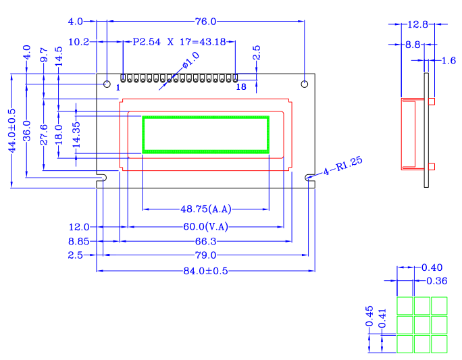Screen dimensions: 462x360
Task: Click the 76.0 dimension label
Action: (x=205, y=22)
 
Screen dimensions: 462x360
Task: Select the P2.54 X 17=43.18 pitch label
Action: (x=179, y=42)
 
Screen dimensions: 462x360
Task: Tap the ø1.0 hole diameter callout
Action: (x=191, y=60)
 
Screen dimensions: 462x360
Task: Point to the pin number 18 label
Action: (x=241, y=86)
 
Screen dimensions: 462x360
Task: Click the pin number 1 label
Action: (x=118, y=88)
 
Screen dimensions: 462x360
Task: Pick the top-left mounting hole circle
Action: (x=107, y=84)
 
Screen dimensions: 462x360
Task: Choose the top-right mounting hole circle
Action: (x=305, y=84)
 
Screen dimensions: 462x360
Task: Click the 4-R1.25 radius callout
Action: (x=342, y=166)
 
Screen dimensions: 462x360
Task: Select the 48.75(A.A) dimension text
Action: (x=205, y=209)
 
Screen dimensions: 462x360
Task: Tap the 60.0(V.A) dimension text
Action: (x=205, y=226)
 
